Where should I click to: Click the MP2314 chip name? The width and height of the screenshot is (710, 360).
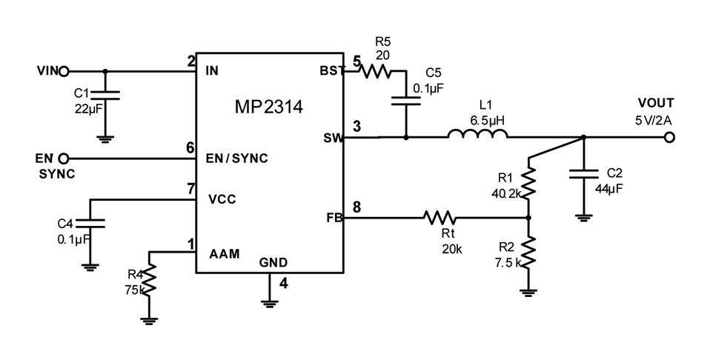pos(268,108)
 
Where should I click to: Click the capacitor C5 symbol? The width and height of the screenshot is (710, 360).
pos(405,99)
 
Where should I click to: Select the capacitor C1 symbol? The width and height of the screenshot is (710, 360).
pos(104,96)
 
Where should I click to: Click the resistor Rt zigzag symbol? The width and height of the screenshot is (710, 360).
pos(439,218)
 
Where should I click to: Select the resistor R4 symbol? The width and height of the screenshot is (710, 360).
pos(150,279)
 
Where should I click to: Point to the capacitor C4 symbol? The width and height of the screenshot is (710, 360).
pos(90,223)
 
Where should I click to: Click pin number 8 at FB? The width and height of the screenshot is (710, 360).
pos(356,207)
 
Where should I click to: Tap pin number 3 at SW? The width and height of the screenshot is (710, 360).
pos(356,127)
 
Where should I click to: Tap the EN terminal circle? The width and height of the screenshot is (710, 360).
pos(64,159)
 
